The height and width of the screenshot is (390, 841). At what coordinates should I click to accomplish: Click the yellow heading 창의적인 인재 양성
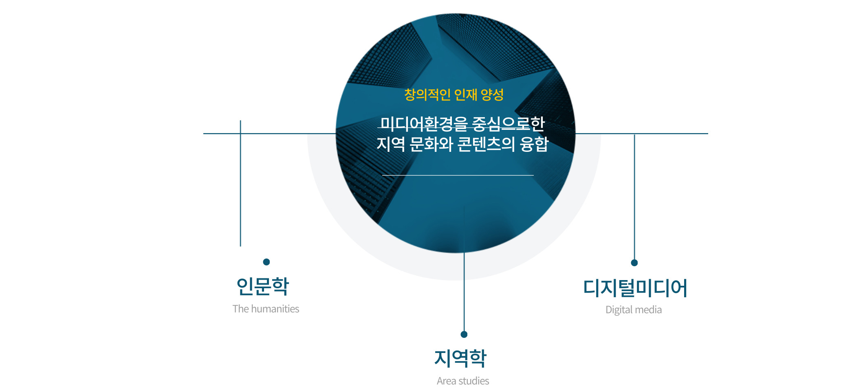454,94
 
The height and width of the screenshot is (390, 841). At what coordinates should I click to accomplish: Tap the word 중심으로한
508,124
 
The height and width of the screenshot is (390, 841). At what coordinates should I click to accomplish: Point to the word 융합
534,144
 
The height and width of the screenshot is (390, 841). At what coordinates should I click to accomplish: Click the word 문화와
431,144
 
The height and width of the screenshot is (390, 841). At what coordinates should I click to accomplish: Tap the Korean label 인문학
263,286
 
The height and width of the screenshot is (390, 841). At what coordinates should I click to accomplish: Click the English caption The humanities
266,309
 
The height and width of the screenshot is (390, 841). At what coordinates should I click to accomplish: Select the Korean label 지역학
460,358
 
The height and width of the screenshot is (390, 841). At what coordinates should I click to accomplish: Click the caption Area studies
463,381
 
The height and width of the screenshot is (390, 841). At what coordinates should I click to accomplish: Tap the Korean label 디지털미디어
635,288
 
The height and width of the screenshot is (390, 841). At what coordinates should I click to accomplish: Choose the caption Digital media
634,310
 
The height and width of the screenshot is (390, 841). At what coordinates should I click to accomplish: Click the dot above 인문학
266,262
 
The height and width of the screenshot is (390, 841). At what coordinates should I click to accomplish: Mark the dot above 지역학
464,334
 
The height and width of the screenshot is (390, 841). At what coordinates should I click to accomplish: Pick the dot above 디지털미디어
634,263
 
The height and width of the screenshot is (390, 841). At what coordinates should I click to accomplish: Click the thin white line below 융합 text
458,175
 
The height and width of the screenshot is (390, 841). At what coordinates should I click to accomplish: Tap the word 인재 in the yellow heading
465,94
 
